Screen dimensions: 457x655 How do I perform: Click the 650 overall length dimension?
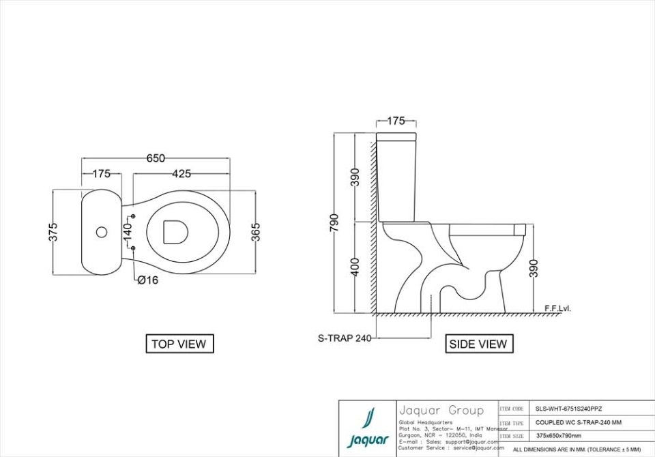click(156, 158)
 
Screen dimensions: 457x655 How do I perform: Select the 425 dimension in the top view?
click(181, 174)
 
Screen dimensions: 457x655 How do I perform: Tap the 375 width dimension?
click(53, 232)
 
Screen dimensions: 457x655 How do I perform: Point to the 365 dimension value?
click(255, 232)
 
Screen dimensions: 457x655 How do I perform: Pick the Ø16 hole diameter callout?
click(147, 280)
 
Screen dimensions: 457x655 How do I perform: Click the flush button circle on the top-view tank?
click(102, 232)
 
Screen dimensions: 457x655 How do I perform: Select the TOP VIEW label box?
click(179, 344)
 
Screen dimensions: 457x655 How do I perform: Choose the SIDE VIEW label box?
click(478, 344)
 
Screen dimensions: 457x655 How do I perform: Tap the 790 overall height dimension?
click(334, 223)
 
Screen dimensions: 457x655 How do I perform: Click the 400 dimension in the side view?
click(355, 267)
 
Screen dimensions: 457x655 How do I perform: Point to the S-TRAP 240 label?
click(345, 338)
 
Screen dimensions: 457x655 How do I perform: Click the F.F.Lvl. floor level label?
click(557, 308)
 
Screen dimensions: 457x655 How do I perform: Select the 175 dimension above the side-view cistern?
click(396, 121)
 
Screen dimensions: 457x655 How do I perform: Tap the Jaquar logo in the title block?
click(368, 429)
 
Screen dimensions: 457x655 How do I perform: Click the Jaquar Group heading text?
click(441, 410)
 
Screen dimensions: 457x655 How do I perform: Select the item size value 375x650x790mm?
click(559, 435)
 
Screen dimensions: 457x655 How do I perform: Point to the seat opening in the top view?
click(176, 232)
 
